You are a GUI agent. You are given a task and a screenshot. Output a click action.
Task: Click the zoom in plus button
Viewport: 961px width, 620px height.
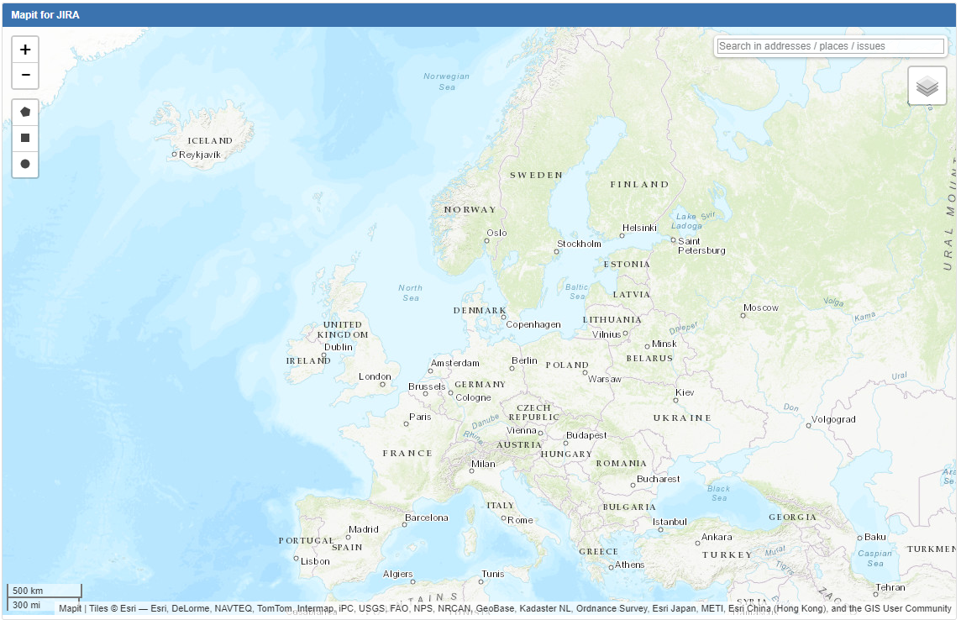tap(25, 50)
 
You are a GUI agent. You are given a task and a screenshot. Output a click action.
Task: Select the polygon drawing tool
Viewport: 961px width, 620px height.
tap(25, 112)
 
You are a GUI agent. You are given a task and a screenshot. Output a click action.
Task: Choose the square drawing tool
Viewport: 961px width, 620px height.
tap(25, 138)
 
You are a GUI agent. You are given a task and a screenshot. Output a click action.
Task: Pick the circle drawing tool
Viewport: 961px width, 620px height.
tap(25, 164)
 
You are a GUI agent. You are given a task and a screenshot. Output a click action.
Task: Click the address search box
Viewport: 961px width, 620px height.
tap(830, 46)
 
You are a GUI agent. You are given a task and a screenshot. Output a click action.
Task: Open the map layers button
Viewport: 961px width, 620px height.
tap(927, 86)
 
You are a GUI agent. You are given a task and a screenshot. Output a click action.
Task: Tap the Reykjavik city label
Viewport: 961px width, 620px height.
tap(199, 155)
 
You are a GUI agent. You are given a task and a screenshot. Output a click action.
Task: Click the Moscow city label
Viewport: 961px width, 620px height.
tap(760, 307)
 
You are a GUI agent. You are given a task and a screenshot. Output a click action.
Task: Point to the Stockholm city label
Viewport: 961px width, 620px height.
tap(579, 244)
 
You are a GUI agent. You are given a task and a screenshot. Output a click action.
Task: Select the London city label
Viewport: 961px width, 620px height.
tap(375, 376)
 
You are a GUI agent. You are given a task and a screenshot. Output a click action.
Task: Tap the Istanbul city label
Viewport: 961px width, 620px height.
tap(670, 522)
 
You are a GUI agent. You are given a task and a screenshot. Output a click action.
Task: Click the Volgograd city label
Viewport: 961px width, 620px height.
tap(833, 419)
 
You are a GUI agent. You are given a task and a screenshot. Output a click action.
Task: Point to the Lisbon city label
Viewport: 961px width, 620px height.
tap(315, 561)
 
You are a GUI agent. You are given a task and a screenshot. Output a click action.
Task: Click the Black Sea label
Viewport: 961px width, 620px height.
tap(718, 493)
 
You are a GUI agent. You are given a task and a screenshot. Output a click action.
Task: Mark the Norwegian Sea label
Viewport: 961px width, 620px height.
tap(446, 81)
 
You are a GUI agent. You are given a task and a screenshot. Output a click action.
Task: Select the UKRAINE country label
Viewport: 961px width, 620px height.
tap(682, 418)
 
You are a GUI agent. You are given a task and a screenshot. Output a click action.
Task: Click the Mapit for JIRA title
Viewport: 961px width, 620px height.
tap(45, 15)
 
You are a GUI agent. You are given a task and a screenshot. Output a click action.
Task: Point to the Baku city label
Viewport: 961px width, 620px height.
tap(875, 537)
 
